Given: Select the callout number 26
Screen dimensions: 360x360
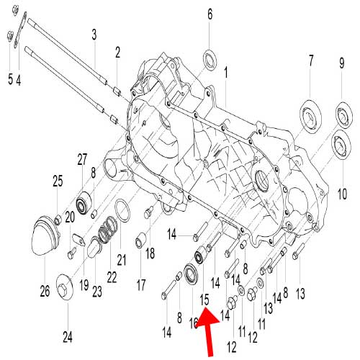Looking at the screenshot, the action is pyautogui.click(x=45, y=291).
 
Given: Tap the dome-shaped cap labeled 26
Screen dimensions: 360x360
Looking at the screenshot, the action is pyautogui.click(x=45, y=235).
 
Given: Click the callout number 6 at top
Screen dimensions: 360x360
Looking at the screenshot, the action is pyautogui.click(x=210, y=14).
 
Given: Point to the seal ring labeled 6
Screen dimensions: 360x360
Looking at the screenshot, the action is pyautogui.click(x=210, y=60).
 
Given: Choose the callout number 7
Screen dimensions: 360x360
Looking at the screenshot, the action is pyautogui.click(x=311, y=60).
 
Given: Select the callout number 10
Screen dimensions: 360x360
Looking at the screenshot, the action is pyautogui.click(x=342, y=194).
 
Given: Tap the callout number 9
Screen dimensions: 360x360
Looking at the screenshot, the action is pyautogui.click(x=342, y=63).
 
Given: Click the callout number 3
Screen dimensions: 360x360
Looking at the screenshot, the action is pyautogui.click(x=94, y=35).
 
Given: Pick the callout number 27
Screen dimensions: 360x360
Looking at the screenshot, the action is pyautogui.click(x=82, y=159).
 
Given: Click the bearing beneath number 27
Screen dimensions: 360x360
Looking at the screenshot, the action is pyautogui.click(x=84, y=202).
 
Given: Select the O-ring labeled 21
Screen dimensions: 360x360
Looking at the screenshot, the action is pyautogui.click(x=122, y=211).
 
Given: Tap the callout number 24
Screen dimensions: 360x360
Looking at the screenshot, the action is pyautogui.click(x=68, y=337).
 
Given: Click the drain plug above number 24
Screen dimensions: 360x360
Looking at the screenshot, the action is pyautogui.click(x=64, y=286).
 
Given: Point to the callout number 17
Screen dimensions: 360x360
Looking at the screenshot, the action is pyautogui.click(x=141, y=284).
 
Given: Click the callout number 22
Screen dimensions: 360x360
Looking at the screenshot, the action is pyautogui.click(x=112, y=277).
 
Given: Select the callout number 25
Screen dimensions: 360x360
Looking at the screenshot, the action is pyautogui.click(x=58, y=181).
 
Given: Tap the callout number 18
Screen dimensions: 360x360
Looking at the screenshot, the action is pyautogui.click(x=150, y=253).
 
